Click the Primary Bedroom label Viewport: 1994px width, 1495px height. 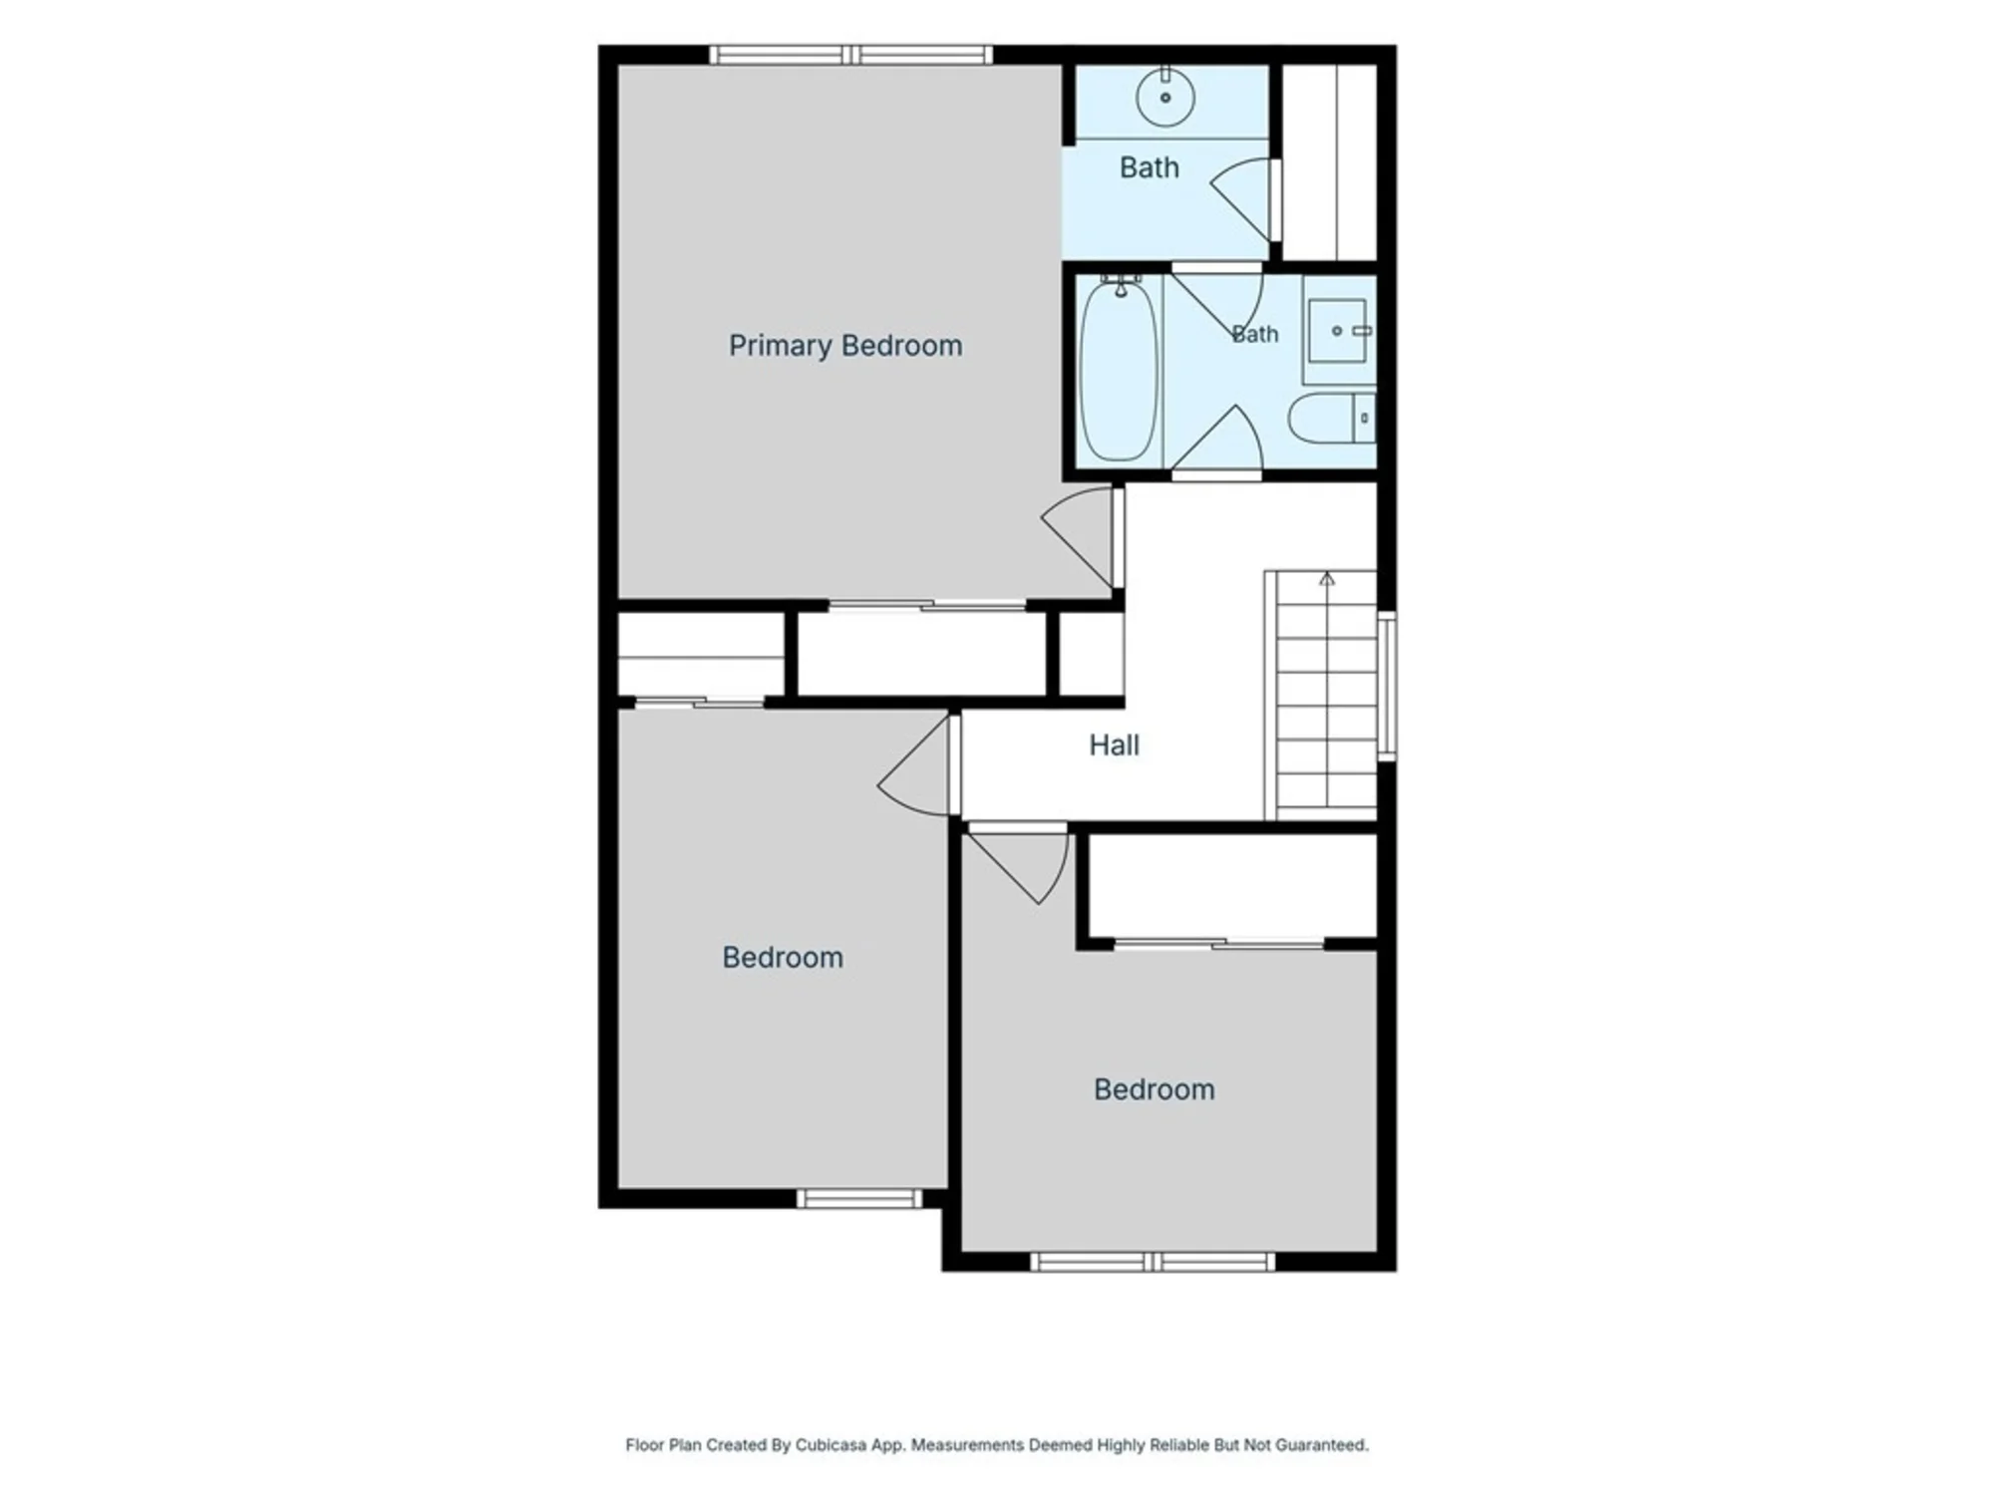(x=845, y=346)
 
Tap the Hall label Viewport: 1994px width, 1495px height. (x=1114, y=745)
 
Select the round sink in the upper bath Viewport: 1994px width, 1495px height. (x=1165, y=97)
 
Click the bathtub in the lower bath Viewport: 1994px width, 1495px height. (x=1120, y=371)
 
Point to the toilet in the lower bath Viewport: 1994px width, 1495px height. (x=1331, y=418)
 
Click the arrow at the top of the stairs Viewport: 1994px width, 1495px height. (x=1326, y=578)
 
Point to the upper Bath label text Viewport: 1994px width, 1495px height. (x=1149, y=167)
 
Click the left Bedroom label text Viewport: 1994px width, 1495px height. (x=783, y=958)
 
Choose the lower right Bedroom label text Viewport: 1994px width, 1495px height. (x=1154, y=1089)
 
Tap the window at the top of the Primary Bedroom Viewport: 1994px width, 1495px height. (x=850, y=55)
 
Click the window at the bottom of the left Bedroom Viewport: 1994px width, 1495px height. (x=859, y=1198)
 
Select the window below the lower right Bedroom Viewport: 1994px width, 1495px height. (x=1153, y=1262)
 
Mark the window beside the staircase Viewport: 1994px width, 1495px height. (x=1386, y=686)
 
